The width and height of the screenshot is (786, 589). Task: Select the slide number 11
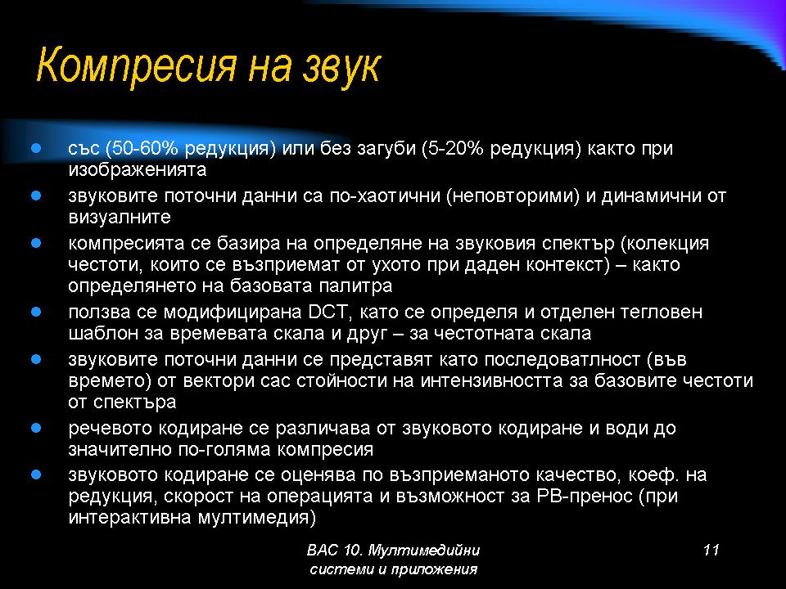pyautogui.click(x=711, y=550)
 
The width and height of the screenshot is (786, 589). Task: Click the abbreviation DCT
pyautogui.click(x=327, y=312)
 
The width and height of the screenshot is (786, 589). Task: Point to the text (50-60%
pyautogui.click(x=142, y=148)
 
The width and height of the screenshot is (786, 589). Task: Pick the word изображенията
pyautogui.click(x=138, y=170)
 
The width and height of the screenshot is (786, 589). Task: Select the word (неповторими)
pyautogui.click(x=513, y=196)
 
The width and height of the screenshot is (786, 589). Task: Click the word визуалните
pyautogui.click(x=120, y=218)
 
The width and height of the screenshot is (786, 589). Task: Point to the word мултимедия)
pyautogui.click(x=256, y=517)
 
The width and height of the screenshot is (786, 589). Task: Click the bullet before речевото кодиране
pyautogui.click(x=36, y=428)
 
